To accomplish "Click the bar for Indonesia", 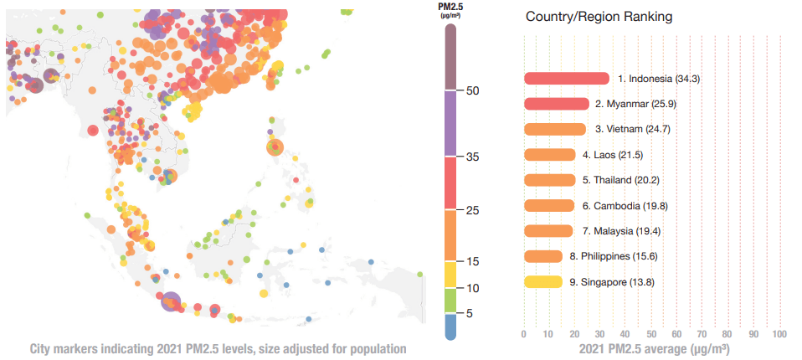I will pos(566,79).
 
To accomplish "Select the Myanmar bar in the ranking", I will pos(556,104).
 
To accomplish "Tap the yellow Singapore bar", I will pos(543,282).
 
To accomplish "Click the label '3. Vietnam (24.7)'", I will pos(632,129).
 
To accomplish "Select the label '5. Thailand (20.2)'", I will pos(626,180).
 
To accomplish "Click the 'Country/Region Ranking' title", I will pos(599,17).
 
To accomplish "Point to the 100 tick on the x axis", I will pos(779,335).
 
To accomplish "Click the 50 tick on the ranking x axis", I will pos(651,335).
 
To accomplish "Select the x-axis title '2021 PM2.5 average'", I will pos(651,348).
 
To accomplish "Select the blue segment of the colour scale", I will pos(450,326).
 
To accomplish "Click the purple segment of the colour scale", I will pos(450,122).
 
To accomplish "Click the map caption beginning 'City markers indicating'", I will pos(218,348).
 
